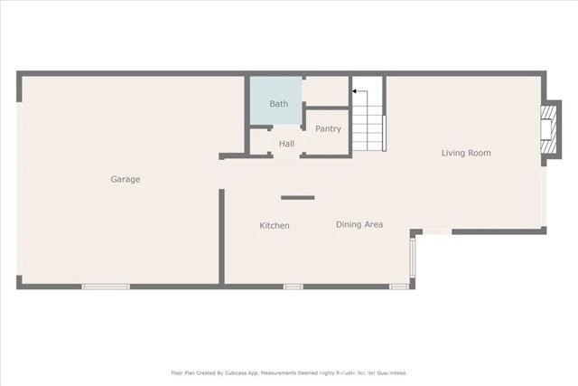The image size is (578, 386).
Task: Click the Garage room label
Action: (x=126, y=179)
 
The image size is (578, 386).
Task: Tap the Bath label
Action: (x=278, y=104)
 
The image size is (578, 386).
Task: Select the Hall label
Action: (x=286, y=144)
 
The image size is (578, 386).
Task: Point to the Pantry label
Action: (x=328, y=128)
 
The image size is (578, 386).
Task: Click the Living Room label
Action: (x=466, y=153)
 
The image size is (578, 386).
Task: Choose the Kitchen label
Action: (x=275, y=225)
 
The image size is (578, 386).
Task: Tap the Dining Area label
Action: (x=359, y=224)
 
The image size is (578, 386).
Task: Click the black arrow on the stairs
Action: (x=359, y=90)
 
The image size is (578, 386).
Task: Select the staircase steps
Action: (x=368, y=127)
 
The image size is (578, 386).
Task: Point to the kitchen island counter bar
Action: (x=297, y=197)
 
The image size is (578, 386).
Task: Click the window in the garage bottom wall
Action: (x=106, y=287)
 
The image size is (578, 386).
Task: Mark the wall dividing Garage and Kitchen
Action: (x=221, y=235)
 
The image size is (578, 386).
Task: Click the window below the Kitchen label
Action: (x=293, y=287)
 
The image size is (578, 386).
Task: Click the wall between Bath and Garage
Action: (x=247, y=113)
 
